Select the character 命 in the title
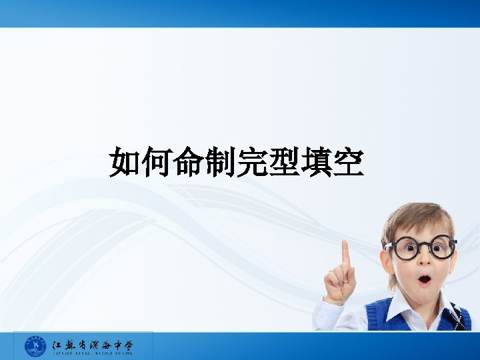(x=189, y=163)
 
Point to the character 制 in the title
(x=221, y=163)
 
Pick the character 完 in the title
(x=252, y=163)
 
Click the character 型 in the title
(x=284, y=163)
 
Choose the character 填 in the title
(x=315, y=163)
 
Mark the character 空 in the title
(x=347, y=163)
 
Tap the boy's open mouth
(x=424, y=279)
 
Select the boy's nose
(x=425, y=261)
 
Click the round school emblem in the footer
(x=35, y=346)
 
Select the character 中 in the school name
(x=114, y=344)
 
